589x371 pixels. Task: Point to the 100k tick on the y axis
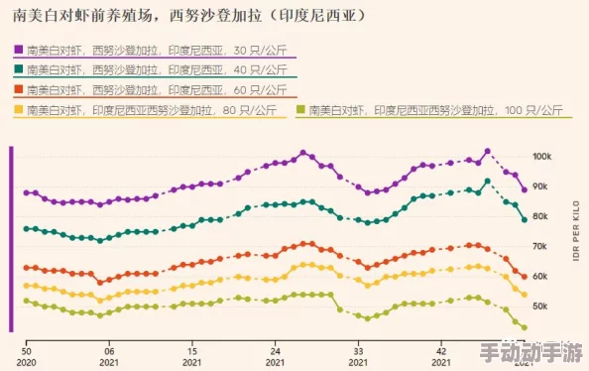tap(541, 157)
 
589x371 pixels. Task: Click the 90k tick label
tap(541, 186)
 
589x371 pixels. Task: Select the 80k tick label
tap(541, 216)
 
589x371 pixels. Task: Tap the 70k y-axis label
tap(541, 246)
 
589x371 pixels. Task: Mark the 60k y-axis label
tap(541, 277)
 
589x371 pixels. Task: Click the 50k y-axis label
tap(541, 307)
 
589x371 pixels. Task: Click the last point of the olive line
tap(525, 327)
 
